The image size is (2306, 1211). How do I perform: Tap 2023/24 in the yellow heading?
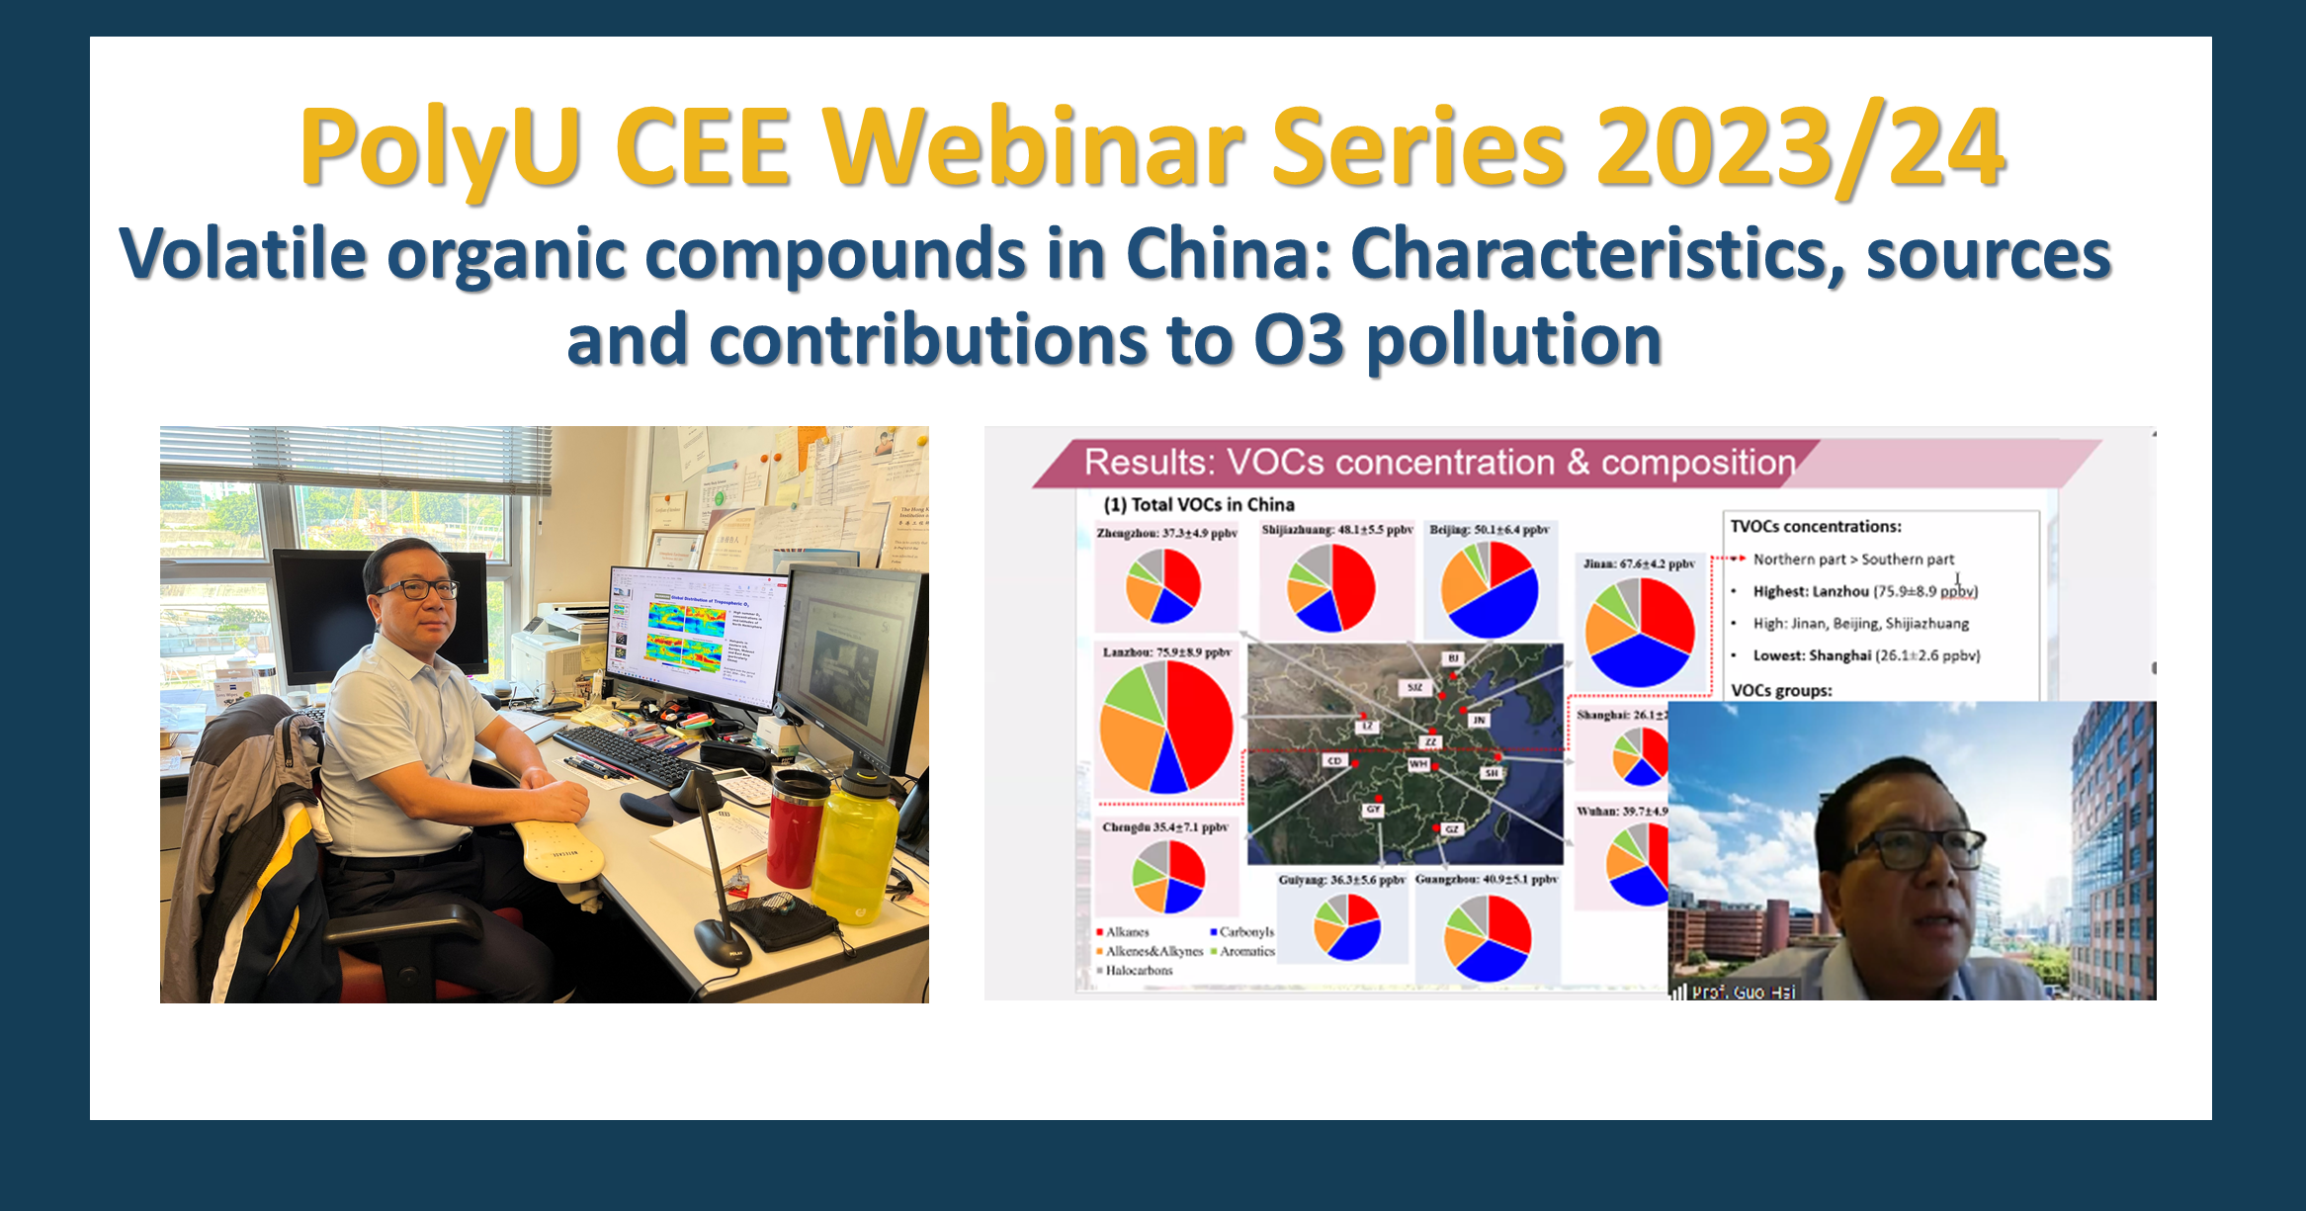pos(1799,148)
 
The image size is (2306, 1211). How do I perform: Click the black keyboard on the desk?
pos(623,756)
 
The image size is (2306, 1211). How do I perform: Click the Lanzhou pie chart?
pos(1166,728)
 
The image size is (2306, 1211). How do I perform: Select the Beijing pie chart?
pos(1490,589)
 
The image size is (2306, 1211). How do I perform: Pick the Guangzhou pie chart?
pos(1488,938)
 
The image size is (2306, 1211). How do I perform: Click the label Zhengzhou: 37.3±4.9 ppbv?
pos(1166,533)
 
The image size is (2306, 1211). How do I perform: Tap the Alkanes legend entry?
pos(1125,932)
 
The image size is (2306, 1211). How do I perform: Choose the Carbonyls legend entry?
pos(1243,932)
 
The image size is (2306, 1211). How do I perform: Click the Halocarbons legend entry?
pos(1137,971)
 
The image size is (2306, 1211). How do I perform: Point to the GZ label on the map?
pos(1451,829)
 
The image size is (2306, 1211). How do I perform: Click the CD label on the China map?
pos(1334,761)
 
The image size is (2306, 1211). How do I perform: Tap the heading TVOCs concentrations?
pos(1815,527)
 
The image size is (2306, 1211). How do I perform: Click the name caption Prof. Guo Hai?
pos(1742,992)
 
